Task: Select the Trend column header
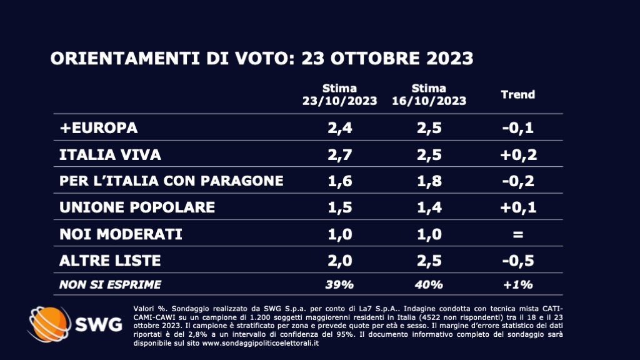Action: pos(518,94)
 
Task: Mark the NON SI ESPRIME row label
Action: pos(110,284)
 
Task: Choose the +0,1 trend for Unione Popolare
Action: pos(518,207)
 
